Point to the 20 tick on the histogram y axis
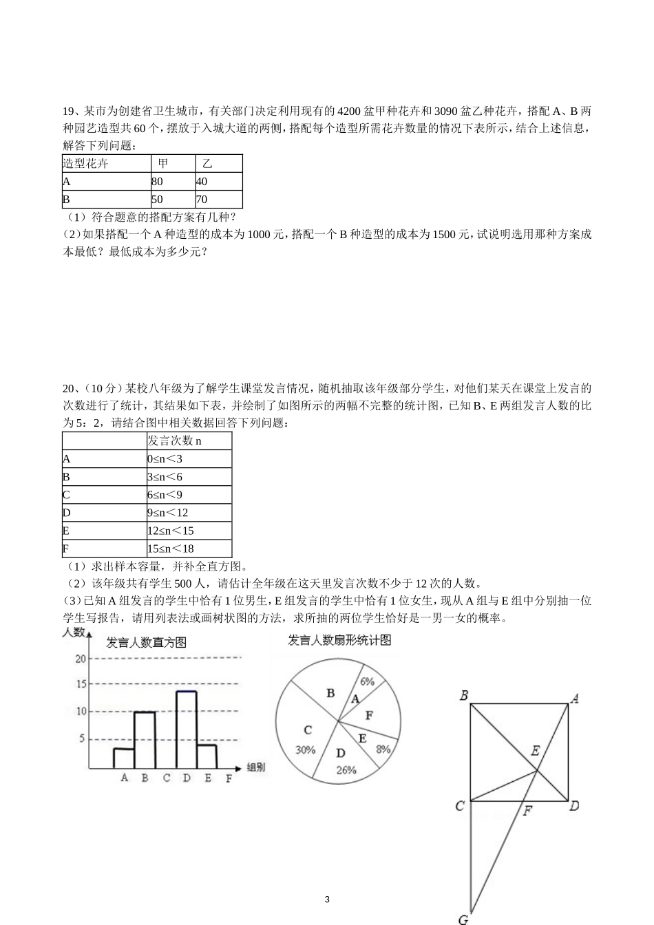coord(81,658)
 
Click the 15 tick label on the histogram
coord(81,684)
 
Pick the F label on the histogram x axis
coord(229,778)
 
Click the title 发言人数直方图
coord(146,643)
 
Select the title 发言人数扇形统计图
coord(339,640)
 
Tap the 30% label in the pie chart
coord(305,749)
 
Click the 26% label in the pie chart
coord(346,770)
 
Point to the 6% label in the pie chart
coord(367,681)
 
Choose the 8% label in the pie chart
coord(383,749)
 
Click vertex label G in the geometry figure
coord(463,918)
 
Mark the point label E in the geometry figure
coord(535,752)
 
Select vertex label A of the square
coord(574,697)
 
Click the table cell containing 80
coord(173,182)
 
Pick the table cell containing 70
coord(218,200)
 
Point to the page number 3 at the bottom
coord(327,900)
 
